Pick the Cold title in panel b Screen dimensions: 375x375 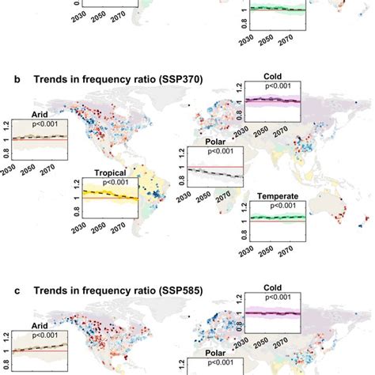pyautogui.click(x=275, y=77)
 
